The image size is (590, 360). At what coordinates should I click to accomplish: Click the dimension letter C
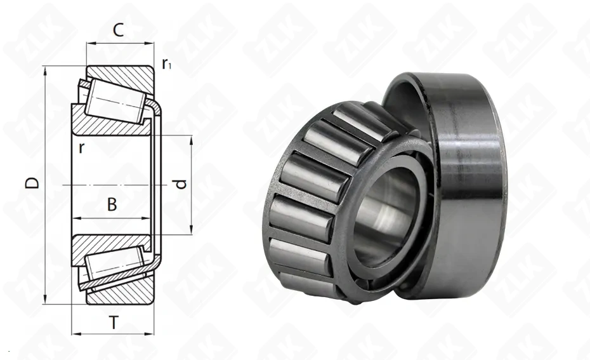(x=118, y=30)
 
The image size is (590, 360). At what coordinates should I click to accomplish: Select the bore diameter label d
(x=181, y=184)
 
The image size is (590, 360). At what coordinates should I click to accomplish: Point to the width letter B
(x=112, y=204)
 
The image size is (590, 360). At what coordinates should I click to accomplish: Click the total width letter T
(x=114, y=323)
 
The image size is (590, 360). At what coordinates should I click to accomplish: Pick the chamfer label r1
(x=166, y=65)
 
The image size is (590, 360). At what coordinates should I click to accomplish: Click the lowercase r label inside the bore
(x=81, y=148)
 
